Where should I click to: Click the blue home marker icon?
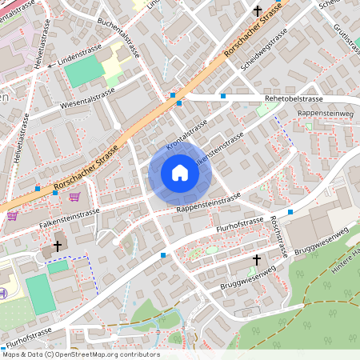tap(179, 173)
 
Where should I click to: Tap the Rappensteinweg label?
tap(325, 113)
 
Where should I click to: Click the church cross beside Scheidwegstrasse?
tap(257, 11)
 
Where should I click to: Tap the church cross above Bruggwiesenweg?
tap(257, 260)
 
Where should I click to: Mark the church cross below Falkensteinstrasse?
tap(57, 246)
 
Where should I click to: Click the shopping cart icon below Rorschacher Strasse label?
tap(74, 197)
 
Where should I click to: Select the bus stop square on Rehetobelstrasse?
tap(223, 96)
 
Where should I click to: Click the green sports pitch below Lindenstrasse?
tap(84, 72)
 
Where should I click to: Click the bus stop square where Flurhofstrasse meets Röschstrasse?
tap(290, 211)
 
